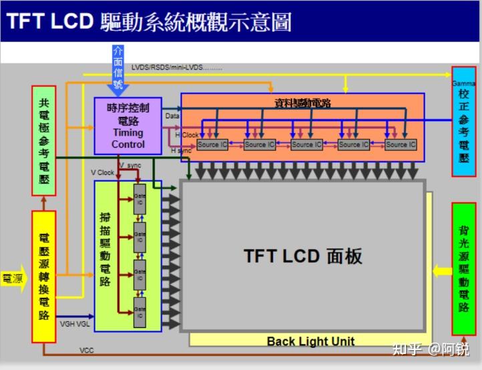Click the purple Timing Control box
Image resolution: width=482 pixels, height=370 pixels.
(x=128, y=125)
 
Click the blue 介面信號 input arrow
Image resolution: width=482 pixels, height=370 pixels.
(x=118, y=70)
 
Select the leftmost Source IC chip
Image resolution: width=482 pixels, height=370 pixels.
(x=212, y=144)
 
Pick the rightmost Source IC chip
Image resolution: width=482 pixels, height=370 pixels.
(x=401, y=144)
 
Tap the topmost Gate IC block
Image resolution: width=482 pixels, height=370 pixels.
(x=140, y=199)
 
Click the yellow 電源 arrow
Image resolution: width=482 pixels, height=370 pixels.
(x=13, y=278)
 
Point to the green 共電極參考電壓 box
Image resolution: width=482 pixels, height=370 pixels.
(x=43, y=140)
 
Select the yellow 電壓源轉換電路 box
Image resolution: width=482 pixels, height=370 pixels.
(x=44, y=276)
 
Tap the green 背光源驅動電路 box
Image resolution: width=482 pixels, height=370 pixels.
(x=463, y=268)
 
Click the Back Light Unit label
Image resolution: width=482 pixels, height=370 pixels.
(x=310, y=341)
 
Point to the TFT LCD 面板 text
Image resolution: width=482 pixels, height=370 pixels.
(x=302, y=256)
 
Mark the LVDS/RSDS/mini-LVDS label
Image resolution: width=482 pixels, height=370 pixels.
(x=177, y=67)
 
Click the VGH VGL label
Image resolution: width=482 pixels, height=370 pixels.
(x=74, y=325)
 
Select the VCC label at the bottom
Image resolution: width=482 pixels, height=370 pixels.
(x=87, y=350)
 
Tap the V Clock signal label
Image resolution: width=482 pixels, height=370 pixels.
(x=103, y=172)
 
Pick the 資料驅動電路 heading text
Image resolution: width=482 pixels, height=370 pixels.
(x=302, y=103)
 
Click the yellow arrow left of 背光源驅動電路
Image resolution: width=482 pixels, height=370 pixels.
(x=441, y=270)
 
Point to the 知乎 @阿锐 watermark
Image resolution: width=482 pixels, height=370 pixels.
(x=431, y=349)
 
